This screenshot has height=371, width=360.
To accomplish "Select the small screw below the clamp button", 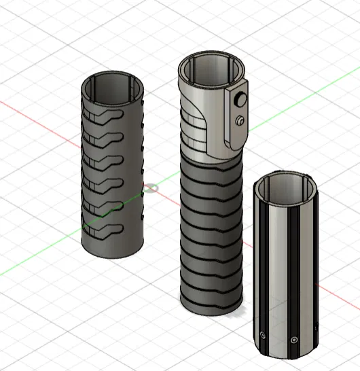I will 240,121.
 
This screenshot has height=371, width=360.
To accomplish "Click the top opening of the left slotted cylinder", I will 113,85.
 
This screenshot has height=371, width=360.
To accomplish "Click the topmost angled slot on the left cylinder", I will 105,117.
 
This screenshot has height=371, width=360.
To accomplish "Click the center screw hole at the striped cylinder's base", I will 293,339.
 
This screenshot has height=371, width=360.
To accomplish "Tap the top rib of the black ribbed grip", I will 211,166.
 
